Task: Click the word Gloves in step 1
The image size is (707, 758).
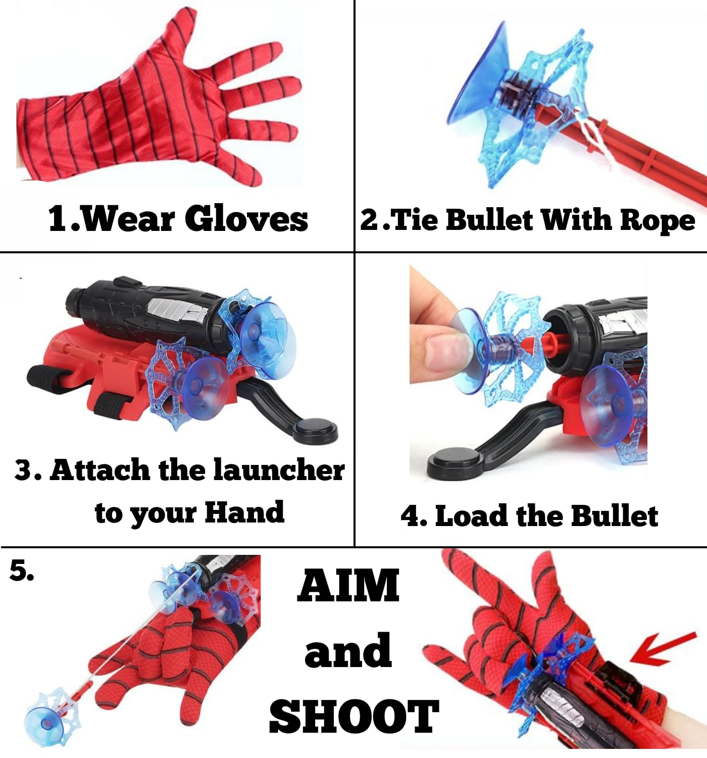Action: click(246, 219)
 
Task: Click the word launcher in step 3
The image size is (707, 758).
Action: click(279, 470)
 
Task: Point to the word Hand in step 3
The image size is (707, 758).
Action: click(244, 512)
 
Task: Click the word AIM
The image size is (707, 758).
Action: click(348, 586)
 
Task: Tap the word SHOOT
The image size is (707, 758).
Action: click(353, 717)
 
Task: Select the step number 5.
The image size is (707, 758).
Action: click(22, 571)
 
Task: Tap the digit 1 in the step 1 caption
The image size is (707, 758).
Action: click(58, 219)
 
